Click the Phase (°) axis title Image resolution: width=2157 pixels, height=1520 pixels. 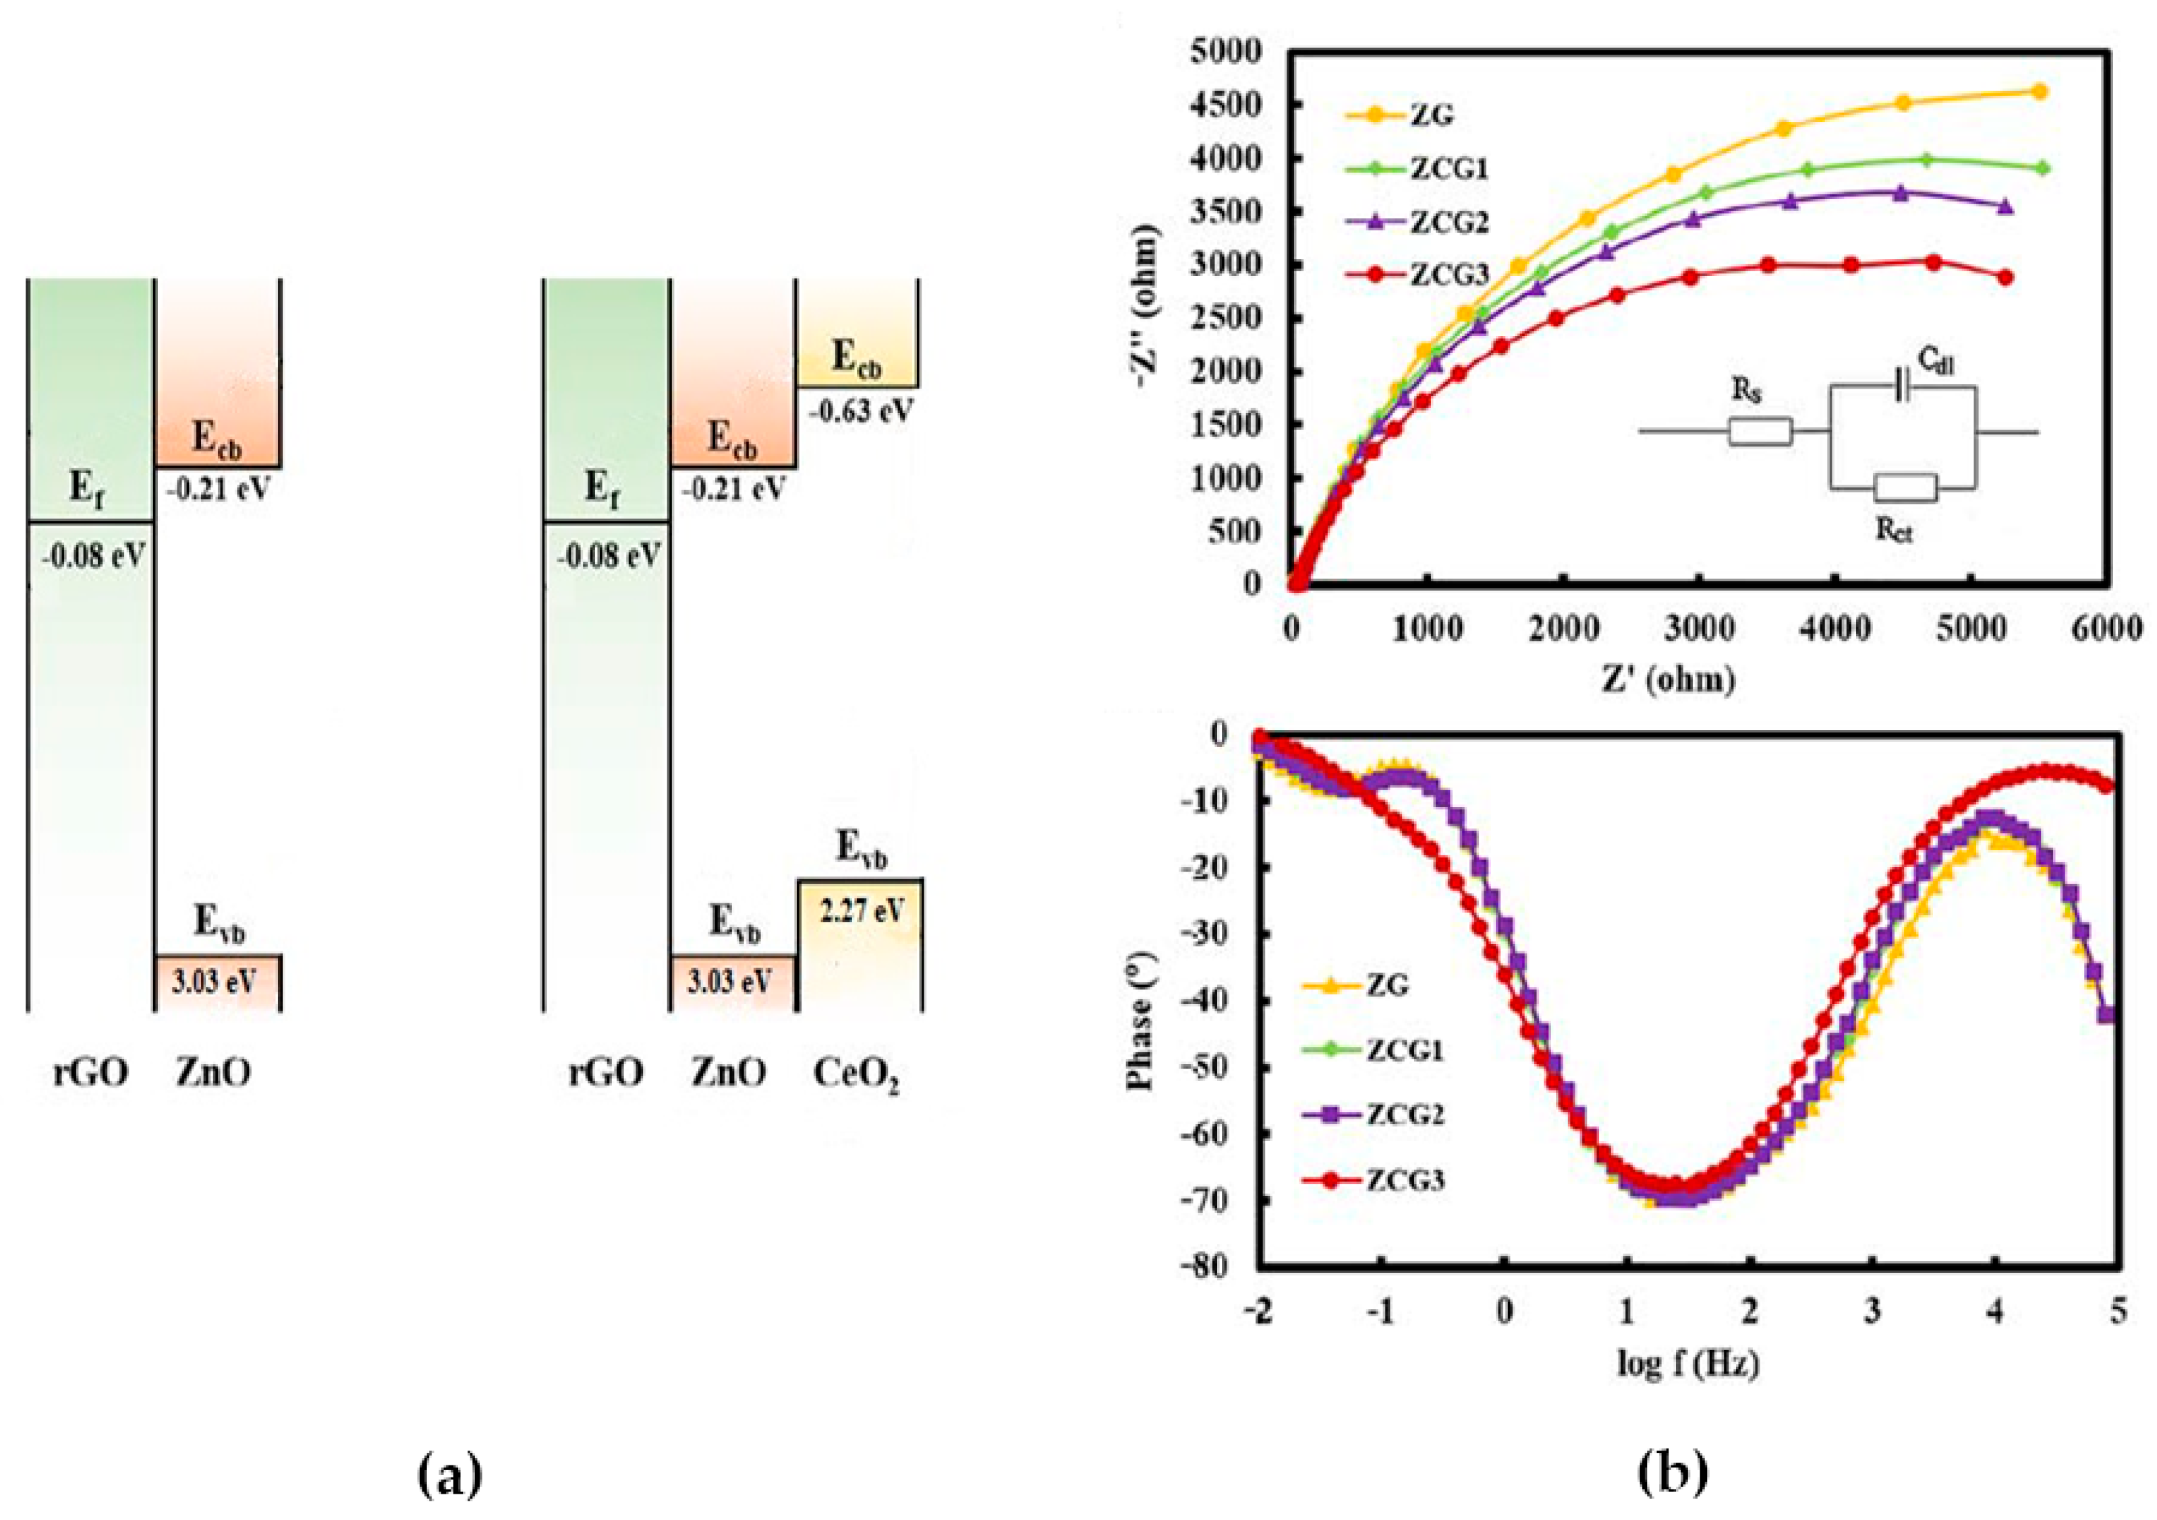pyautogui.click(x=1140, y=1020)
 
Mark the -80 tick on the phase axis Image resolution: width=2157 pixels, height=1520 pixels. pyautogui.click(x=1206, y=1266)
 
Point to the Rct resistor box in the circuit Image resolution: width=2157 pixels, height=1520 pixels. pyautogui.click(x=1904, y=488)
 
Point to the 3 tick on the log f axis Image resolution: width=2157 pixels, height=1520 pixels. pyautogui.click(x=1873, y=1310)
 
